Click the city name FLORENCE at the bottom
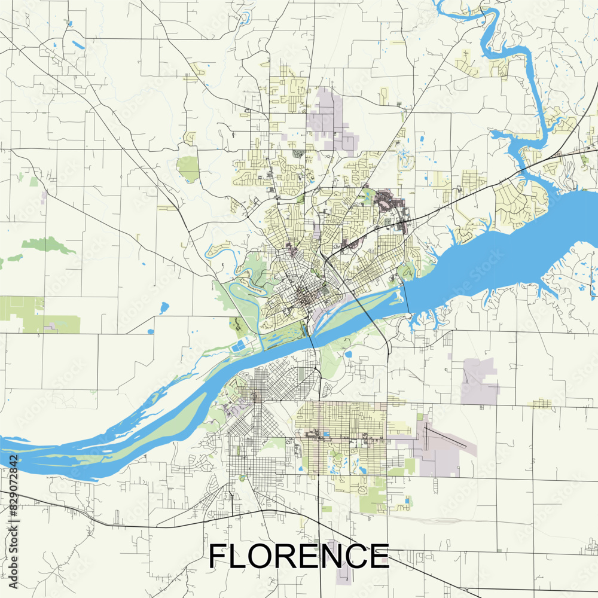pos(298,556)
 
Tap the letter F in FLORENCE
pos(218,556)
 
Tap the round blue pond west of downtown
pos(164,308)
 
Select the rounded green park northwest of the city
pos(188,169)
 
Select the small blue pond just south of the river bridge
pos(348,354)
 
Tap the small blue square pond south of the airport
pos(407,500)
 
